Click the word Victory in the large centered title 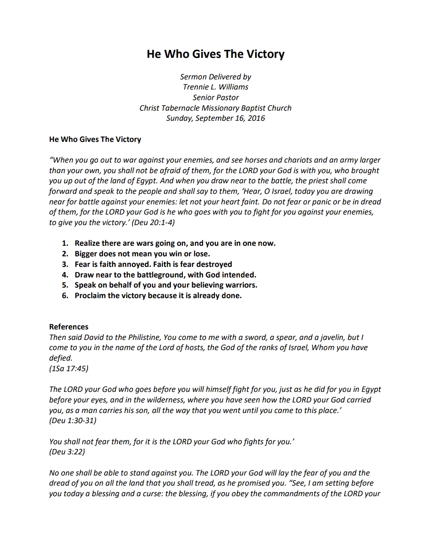pos(265,54)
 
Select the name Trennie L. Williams pos(215,87)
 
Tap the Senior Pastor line pos(215,98)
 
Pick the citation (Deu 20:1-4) pos(153,223)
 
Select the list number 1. pos(65,243)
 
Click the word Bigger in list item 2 pos(86,254)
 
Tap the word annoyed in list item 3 pos(136,264)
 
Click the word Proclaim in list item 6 pos(90,296)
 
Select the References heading pos(69,327)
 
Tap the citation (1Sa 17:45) pos(69,369)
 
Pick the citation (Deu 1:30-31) pos(73,421)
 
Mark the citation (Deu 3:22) pos(67,452)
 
